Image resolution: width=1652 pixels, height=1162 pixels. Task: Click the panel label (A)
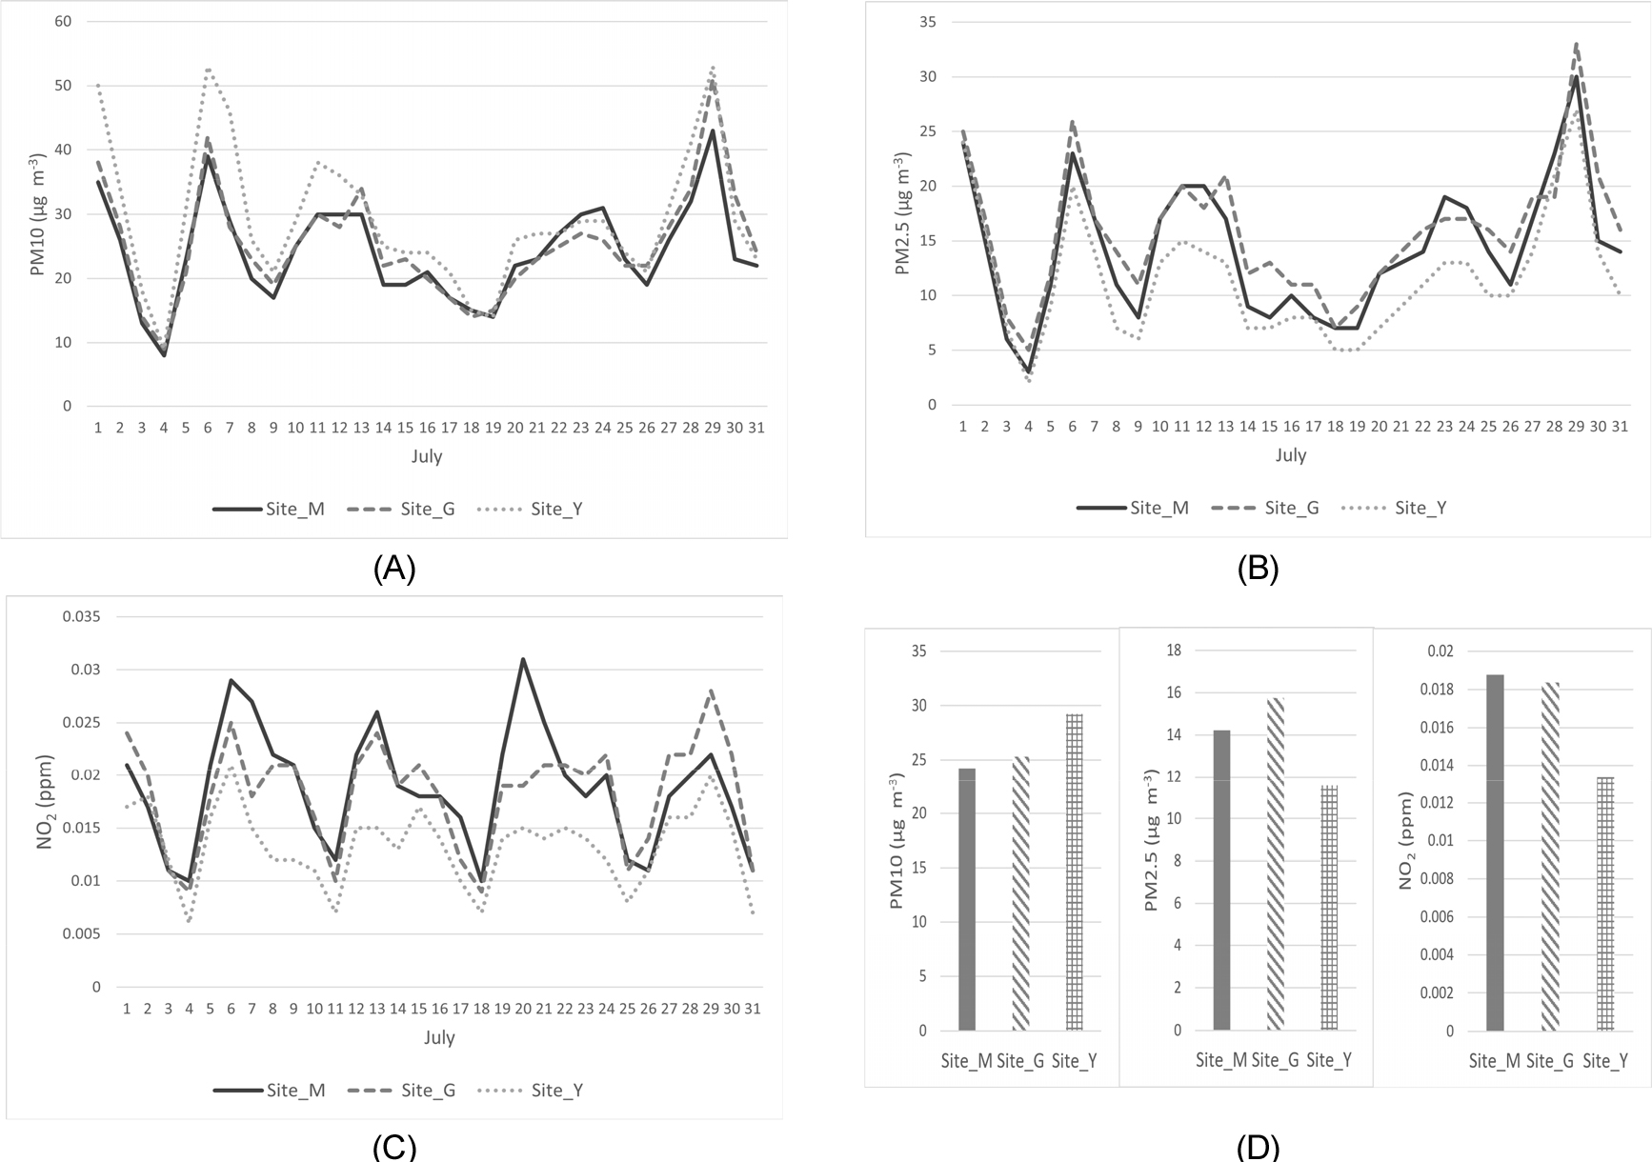click(394, 569)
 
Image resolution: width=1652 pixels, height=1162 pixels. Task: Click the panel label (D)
click(1258, 1147)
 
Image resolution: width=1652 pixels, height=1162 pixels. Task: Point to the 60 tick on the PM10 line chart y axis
click(63, 21)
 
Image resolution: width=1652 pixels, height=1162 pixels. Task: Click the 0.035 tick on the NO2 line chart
click(81, 616)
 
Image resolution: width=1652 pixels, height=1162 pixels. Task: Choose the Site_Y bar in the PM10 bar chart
click(1074, 871)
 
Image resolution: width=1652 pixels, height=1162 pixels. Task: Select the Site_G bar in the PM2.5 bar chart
click(1276, 864)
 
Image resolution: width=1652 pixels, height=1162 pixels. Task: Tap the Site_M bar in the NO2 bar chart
click(1495, 852)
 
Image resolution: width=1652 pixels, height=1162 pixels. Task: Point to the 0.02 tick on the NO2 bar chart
click(1440, 651)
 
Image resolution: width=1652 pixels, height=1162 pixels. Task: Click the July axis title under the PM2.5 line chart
click(1290, 455)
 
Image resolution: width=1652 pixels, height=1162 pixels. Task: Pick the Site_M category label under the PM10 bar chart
click(966, 1061)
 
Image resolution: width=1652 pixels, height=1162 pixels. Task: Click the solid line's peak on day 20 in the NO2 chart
click(523, 659)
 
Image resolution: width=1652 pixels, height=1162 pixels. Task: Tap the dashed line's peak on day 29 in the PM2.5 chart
click(1577, 44)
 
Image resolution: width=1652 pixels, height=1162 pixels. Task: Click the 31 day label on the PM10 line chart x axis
click(755, 428)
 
